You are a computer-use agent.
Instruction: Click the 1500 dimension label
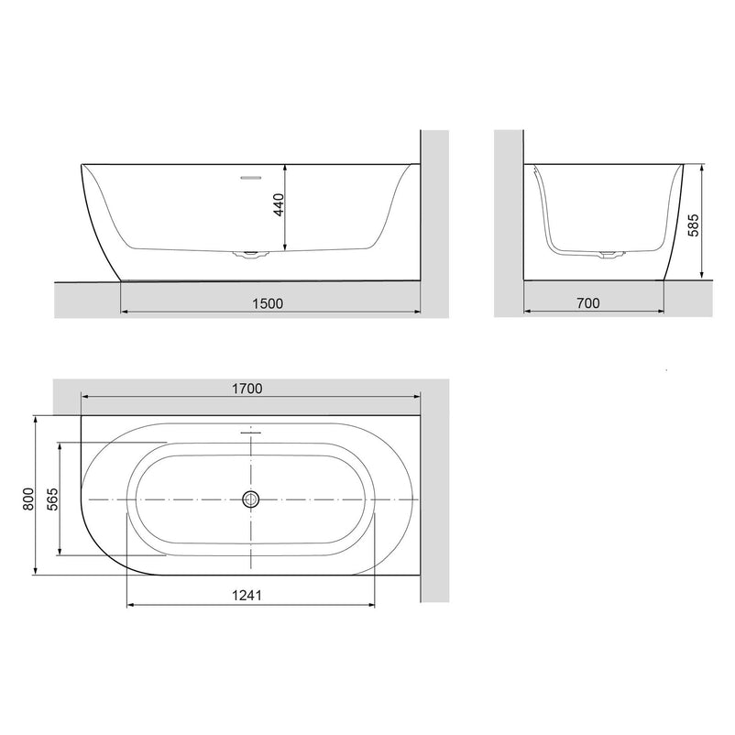coord(268,303)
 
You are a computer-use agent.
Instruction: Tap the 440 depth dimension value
coord(278,205)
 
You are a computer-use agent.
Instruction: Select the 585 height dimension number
coord(693,225)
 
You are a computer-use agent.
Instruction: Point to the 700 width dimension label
coord(588,303)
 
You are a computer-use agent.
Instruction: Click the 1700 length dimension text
coord(247,389)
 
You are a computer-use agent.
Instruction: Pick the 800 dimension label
coord(28,499)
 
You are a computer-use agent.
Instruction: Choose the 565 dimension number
coord(52,499)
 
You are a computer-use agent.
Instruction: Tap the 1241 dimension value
coord(247,596)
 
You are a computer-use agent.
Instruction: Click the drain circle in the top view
coord(251,499)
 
